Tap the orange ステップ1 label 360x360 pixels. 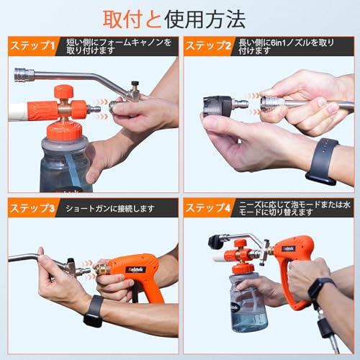click(x=31, y=47)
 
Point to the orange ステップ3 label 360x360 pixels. click(x=31, y=209)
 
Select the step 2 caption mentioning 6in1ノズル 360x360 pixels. click(x=295, y=47)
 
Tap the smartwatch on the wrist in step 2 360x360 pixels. click(x=322, y=160)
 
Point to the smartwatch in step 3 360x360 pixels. click(x=94, y=310)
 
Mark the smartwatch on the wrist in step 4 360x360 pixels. click(x=317, y=289)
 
